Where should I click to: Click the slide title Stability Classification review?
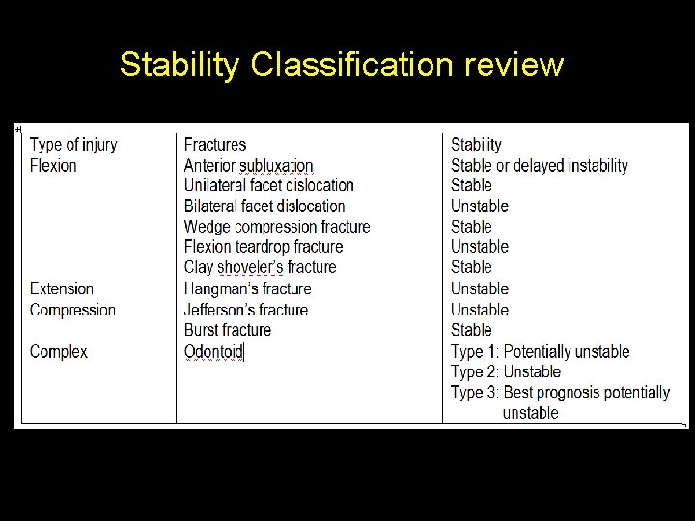coord(341,65)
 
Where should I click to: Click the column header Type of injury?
coord(73,145)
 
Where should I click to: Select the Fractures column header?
coord(215,145)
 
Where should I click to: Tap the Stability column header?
coord(476,145)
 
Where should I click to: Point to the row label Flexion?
coord(53,165)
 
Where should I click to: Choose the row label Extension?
coord(62,288)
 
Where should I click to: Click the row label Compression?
coord(72,310)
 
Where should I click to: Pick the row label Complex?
coord(59,351)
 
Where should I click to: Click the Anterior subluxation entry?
coord(248,166)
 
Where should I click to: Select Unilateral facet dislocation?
coord(268,185)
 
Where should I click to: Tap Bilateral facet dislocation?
coord(264,206)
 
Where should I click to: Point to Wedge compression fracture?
coord(277,227)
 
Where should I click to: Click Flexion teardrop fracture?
coord(264,247)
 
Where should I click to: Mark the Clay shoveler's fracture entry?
coord(260,267)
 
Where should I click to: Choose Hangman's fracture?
coord(247,288)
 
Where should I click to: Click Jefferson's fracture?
coord(246,310)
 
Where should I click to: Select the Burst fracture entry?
coord(228,330)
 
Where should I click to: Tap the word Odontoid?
coord(213,351)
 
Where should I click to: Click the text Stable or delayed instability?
coord(539,166)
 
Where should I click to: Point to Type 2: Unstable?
coord(505,371)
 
